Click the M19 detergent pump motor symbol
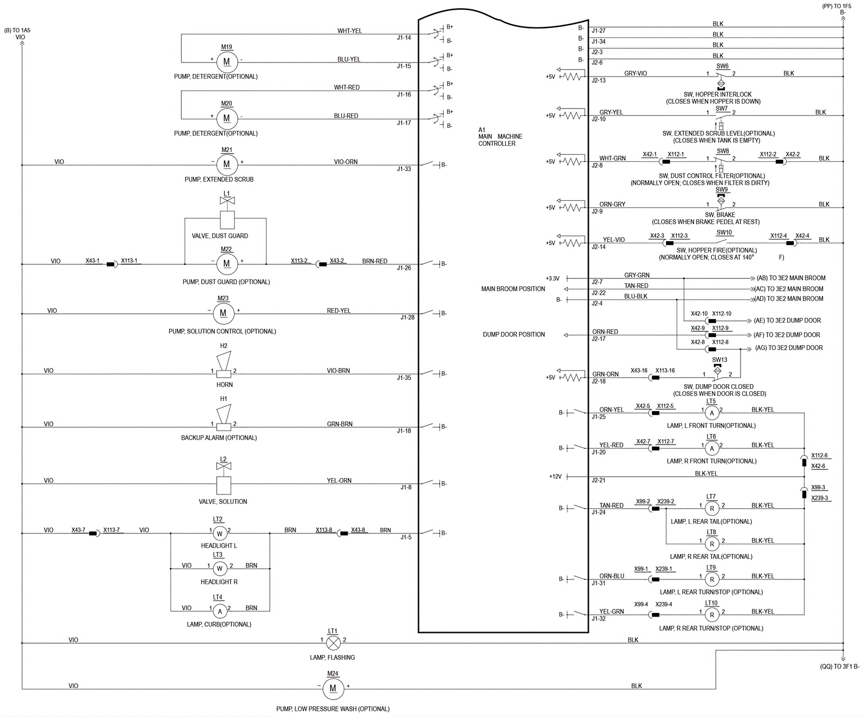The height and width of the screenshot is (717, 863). point(227,62)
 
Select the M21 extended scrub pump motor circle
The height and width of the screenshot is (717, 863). point(227,165)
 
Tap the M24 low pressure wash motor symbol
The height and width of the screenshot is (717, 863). point(333,688)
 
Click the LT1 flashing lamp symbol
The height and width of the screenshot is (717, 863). point(334,643)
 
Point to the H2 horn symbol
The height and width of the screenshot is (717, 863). point(224,365)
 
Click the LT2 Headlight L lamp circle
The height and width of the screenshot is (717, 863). point(220,534)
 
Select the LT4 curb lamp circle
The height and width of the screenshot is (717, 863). point(220,611)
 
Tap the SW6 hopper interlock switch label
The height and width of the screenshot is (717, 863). point(722,66)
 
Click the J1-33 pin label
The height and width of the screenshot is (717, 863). point(404,169)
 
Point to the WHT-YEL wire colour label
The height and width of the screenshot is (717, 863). point(350,31)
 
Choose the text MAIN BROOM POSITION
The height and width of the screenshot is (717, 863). point(513,289)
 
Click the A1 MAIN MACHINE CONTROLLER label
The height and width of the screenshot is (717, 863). point(500,136)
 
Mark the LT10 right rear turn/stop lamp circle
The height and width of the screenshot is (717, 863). point(712,614)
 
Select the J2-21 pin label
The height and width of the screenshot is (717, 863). point(598,480)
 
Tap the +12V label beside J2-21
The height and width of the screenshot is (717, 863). point(555,476)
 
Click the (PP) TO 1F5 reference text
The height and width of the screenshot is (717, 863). point(837,6)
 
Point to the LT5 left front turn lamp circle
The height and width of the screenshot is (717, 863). point(712,413)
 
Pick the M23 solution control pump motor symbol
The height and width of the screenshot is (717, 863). point(223,313)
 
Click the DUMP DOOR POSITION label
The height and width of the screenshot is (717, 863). point(513,334)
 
